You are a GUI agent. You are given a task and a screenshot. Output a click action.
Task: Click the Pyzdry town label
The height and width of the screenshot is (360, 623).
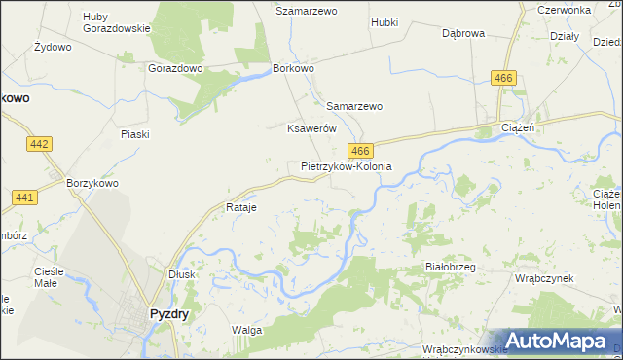[168, 314]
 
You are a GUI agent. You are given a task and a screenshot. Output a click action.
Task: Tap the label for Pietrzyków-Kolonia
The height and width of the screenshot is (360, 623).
[346, 166]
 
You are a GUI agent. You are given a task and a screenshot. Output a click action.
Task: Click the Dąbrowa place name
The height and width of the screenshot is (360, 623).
[462, 32]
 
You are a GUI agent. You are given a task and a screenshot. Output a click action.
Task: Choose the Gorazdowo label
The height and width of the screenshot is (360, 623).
[174, 69]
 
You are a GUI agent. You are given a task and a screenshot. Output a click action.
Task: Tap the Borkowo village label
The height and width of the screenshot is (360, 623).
[293, 69]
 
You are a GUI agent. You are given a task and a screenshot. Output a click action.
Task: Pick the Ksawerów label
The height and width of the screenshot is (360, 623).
[311, 128]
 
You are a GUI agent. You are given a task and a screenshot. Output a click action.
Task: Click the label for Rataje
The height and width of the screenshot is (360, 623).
[240, 208]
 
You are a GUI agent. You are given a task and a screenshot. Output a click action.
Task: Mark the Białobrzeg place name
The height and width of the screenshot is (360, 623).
[449, 266]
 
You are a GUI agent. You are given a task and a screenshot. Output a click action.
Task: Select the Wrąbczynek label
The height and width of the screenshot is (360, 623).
[544, 277]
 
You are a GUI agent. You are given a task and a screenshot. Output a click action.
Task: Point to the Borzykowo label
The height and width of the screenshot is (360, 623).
[92, 182]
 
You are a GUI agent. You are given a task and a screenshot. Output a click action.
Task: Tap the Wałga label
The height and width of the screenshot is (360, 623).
[246, 330]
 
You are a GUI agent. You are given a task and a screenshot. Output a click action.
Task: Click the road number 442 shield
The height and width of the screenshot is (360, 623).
[39, 144]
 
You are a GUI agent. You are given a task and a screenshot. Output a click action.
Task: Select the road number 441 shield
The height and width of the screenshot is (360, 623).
[25, 198]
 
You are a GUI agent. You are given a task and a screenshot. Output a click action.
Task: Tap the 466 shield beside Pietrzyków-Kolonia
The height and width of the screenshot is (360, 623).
[360, 150]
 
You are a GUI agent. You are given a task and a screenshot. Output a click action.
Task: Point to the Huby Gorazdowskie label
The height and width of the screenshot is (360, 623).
[116, 22]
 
